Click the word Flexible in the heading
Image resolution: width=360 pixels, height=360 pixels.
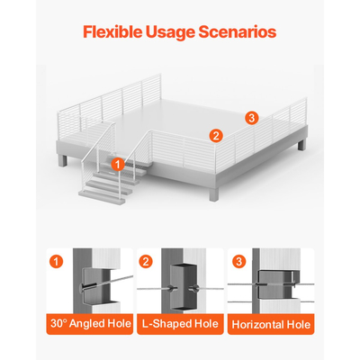[112, 31]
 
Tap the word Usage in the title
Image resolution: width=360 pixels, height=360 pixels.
[171, 32]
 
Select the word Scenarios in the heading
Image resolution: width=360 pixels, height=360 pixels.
[238, 31]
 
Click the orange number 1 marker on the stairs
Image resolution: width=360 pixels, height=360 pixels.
[118, 165]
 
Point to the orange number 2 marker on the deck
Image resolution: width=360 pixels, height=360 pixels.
[216, 136]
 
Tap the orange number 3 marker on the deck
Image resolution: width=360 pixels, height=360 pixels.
[251, 118]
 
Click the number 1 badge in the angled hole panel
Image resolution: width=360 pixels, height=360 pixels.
[57, 262]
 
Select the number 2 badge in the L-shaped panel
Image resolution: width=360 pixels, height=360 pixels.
[146, 262]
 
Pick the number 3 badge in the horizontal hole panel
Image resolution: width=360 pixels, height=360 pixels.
[238, 262]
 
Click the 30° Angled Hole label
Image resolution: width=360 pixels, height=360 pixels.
[91, 324]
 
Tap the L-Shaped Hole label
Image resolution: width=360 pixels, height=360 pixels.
[180, 324]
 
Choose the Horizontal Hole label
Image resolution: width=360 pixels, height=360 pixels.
[271, 325]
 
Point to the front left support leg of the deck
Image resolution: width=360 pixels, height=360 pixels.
[63, 160]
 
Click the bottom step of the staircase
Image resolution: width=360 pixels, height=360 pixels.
[102, 197]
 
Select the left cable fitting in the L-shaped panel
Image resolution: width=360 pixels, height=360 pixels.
[172, 289]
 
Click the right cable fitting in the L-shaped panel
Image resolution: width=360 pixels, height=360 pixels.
[193, 289]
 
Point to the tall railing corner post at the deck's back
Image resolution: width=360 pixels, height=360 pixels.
[160, 87]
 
